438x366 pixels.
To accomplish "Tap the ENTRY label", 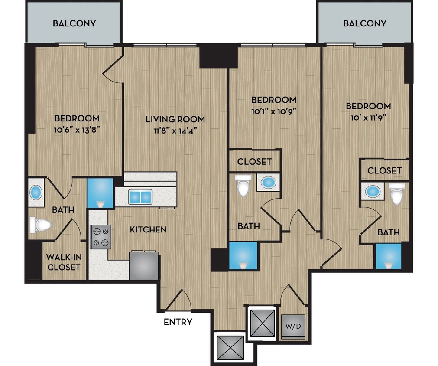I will click(x=178, y=322).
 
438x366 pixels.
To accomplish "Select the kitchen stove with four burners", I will click(x=100, y=237).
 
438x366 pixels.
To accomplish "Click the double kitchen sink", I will click(x=140, y=197).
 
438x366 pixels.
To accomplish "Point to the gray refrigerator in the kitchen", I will click(x=143, y=265).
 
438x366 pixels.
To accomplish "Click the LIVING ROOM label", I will click(x=175, y=119).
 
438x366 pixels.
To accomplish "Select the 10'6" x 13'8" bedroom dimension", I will click(x=77, y=130).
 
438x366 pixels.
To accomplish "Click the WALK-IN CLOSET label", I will click(x=64, y=262).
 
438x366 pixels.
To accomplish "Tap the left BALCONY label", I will click(x=74, y=23).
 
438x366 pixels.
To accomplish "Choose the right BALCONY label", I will click(x=364, y=23).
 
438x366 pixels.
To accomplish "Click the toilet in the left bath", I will click(x=41, y=225).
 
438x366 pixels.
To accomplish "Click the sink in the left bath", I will click(x=36, y=192).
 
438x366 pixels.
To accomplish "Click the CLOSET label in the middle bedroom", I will click(x=254, y=161).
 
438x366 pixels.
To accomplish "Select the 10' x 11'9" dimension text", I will click(x=368, y=117).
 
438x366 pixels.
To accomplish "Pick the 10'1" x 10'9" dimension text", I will click(x=274, y=111).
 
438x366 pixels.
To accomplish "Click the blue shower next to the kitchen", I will click(x=100, y=193).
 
